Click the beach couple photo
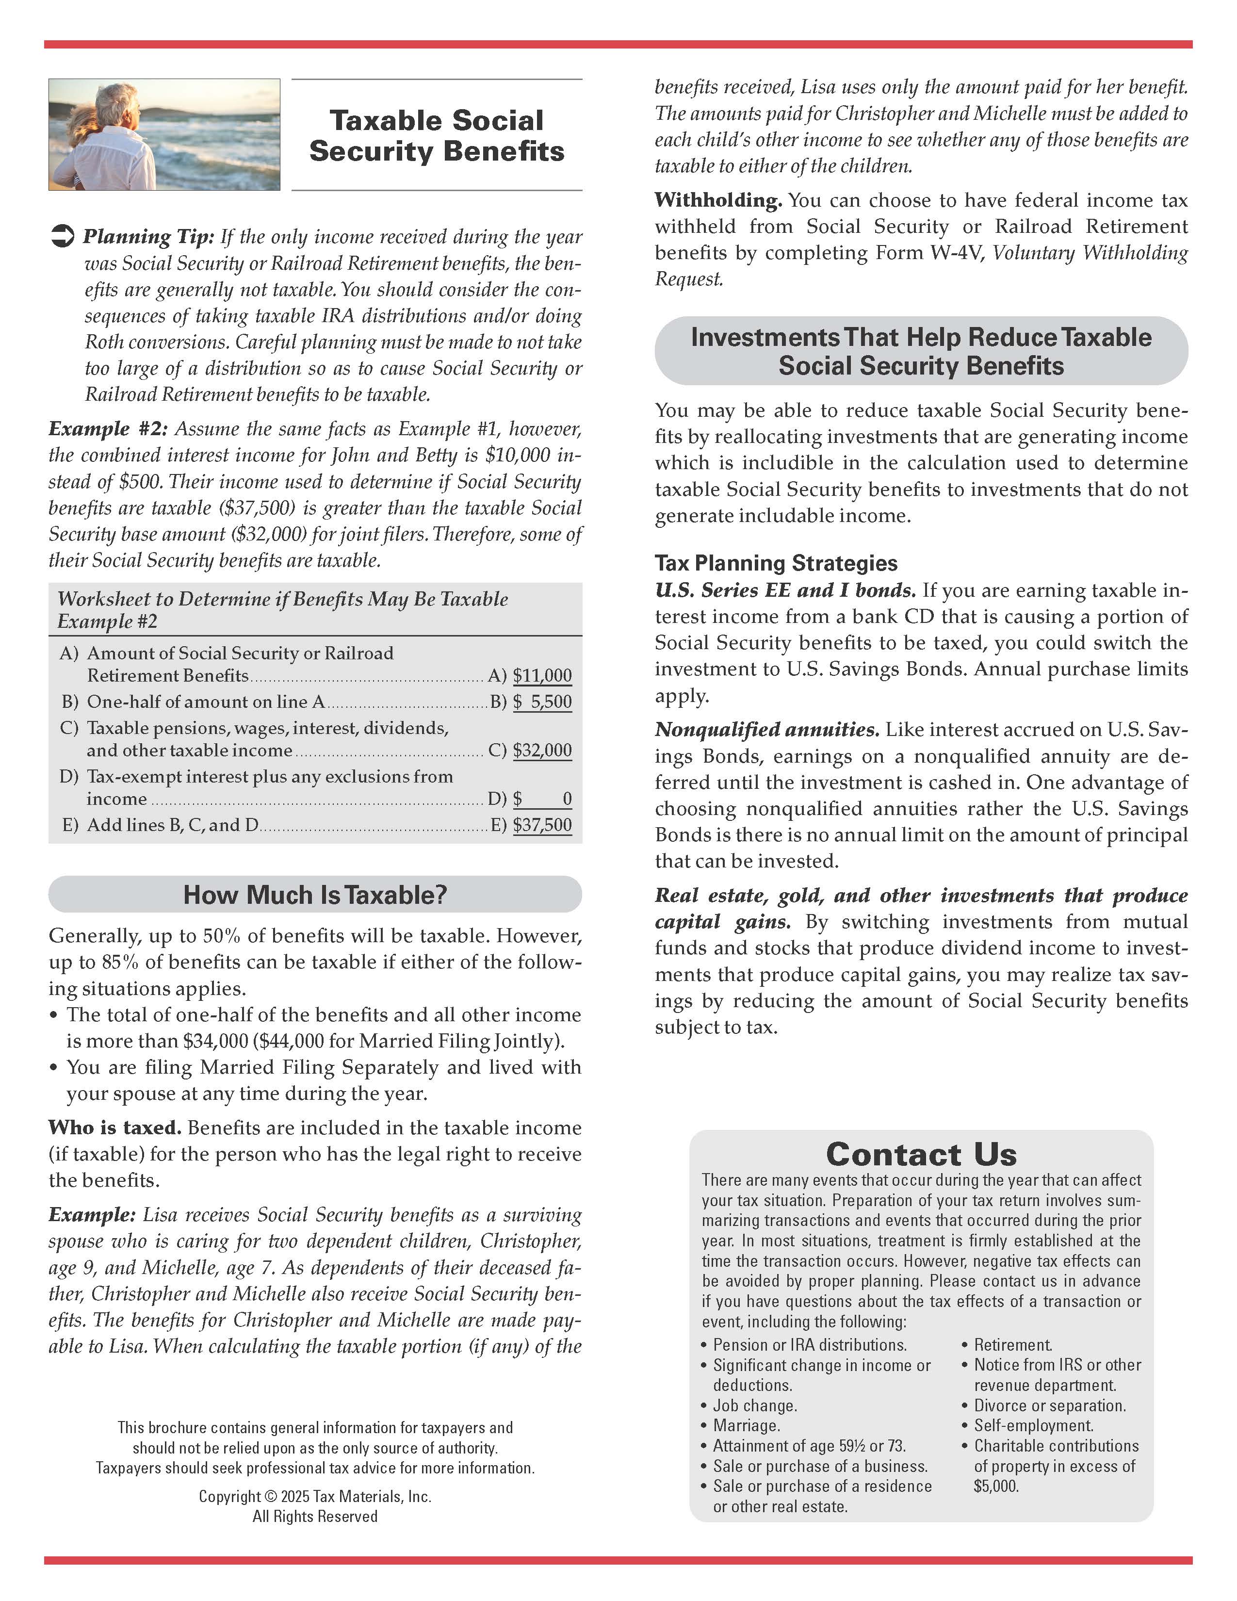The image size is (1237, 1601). (164, 135)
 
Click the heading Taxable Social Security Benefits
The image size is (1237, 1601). (437, 136)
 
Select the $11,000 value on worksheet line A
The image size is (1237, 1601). (542, 675)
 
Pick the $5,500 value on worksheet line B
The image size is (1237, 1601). (542, 702)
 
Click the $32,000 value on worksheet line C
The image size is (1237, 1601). (542, 750)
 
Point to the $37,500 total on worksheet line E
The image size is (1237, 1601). (542, 825)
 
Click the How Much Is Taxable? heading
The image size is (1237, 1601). (315, 894)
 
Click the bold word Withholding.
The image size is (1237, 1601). (718, 200)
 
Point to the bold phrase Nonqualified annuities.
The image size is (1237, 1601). (766, 729)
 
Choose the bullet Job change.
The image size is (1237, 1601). (755, 1405)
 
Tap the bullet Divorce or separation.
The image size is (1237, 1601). (1049, 1405)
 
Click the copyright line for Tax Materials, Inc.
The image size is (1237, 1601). (315, 1496)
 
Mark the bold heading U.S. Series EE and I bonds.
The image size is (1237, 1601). (785, 590)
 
